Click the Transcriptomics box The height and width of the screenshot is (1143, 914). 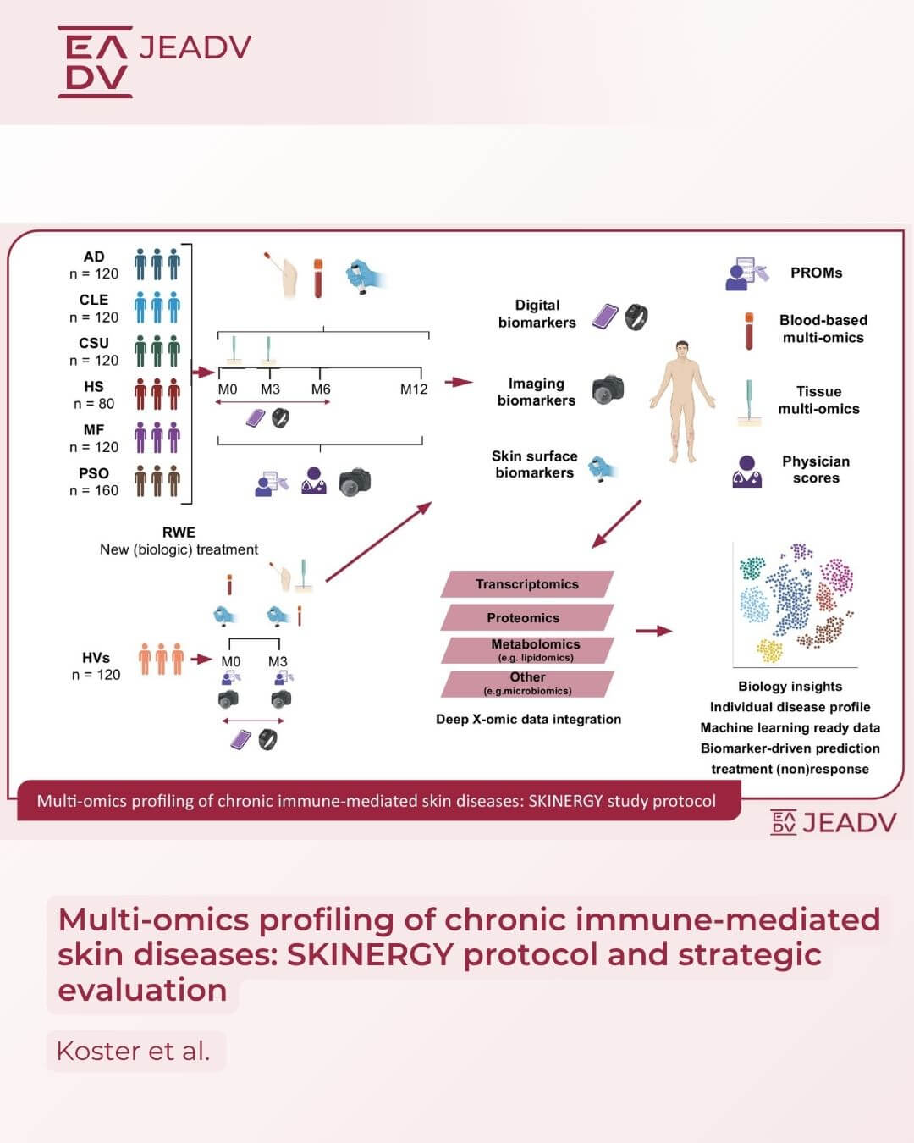(527, 584)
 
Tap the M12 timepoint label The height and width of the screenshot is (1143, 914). (414, 389)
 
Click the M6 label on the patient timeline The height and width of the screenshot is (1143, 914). (321, 389)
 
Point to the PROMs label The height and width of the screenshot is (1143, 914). (817, 273)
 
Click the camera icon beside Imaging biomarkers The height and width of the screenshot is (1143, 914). (608, 389)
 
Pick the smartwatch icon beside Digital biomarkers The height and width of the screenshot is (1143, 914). (636, 317)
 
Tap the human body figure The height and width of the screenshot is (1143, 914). (682, 402)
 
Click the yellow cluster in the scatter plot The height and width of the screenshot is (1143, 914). (769, 650)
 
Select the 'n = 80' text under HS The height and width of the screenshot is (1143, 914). (94, 404)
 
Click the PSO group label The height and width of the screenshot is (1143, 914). (94, 473)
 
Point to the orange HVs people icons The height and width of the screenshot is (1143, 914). (161, 660)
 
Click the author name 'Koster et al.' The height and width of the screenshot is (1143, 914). (134, 1051)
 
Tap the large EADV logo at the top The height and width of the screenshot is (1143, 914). (95, 62)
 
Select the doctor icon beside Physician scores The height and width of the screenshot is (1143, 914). (746, 471)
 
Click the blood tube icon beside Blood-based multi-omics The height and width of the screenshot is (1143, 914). (749, 331)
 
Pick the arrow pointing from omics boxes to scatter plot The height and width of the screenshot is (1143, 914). (654, 631)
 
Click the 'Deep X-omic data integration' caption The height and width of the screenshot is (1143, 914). (528, 719)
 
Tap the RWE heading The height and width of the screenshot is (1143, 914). (179, 533)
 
